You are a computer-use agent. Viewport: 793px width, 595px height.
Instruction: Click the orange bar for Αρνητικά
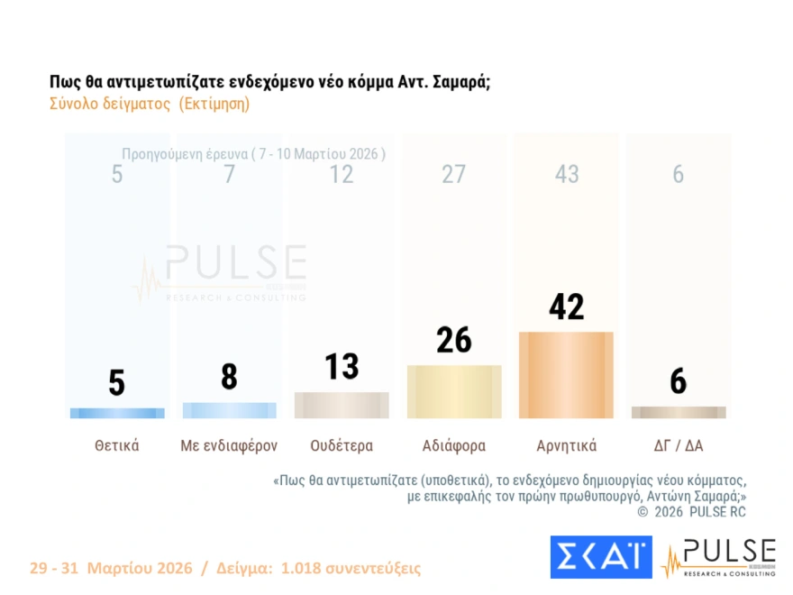566,375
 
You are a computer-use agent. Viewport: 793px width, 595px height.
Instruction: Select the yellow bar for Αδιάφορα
454,392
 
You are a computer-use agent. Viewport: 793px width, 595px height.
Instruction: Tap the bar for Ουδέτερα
342,405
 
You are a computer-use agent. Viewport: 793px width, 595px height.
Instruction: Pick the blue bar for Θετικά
116,413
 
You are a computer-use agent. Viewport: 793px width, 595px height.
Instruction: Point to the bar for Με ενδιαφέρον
229,410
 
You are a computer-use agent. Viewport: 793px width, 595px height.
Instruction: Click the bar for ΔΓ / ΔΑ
679,412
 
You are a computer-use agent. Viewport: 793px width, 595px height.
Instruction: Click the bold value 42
566,307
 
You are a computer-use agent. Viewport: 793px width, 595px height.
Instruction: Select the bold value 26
454,340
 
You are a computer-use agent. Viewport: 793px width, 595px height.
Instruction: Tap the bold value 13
342,366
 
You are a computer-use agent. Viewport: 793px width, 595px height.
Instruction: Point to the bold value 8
229,377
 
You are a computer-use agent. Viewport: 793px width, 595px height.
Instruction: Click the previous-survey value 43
566,174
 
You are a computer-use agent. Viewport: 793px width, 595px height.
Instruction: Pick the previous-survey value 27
454,174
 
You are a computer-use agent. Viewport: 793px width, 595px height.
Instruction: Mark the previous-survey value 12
342,174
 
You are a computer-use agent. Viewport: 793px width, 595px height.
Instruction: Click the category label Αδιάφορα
454,445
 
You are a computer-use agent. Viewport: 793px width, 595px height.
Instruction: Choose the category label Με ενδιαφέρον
229,445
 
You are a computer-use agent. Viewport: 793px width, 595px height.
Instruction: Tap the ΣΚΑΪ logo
600,556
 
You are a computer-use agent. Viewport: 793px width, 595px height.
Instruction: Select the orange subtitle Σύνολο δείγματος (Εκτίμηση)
149,104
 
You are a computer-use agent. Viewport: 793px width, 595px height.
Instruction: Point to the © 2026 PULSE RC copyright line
691,512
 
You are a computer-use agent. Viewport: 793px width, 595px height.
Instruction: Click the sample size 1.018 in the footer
302,569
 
